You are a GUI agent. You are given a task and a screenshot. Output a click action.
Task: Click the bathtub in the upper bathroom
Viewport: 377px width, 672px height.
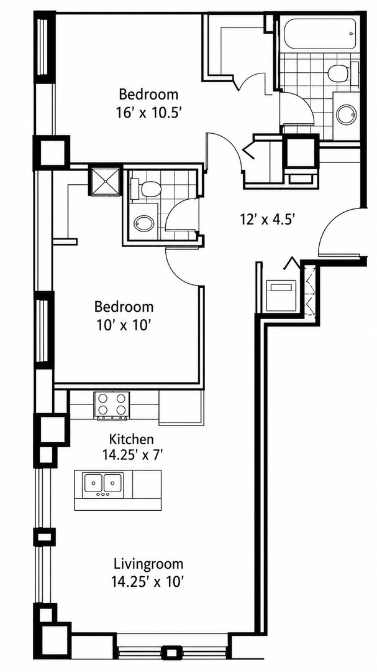(x=319, y=34)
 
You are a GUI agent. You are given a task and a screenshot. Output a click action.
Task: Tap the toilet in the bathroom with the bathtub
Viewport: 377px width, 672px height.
(x=341, y=73)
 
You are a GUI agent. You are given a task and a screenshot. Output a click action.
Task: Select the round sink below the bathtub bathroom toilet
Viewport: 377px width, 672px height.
(x=345, y=114)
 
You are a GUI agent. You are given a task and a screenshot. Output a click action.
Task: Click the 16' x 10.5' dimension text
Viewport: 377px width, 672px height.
(x=148, y=112)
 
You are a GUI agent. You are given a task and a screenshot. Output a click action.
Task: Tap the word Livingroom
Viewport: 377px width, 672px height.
(x=148, y=563)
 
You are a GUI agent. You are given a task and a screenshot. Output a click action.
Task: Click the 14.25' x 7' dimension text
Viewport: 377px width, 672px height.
(x=132, y=454)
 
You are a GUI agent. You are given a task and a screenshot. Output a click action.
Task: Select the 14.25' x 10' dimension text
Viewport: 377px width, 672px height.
(x=149, y=582)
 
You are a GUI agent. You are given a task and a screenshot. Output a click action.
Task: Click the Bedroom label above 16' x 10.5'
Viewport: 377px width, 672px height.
(x=148, y=94)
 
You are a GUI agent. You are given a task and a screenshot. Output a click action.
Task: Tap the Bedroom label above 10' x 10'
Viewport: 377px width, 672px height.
(x=124, y=307)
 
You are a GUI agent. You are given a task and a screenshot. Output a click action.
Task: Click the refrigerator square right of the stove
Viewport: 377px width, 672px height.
(x=179, y=407)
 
